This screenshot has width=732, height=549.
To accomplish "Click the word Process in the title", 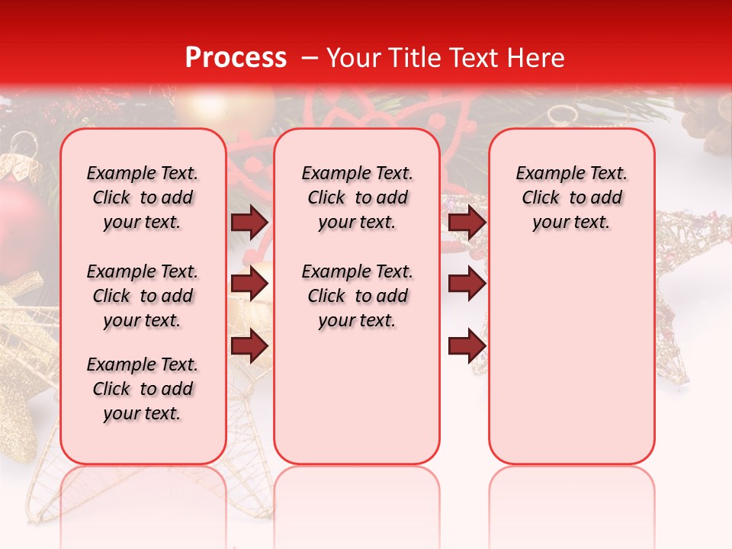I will tap(236, 58).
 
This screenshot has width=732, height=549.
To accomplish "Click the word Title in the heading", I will tap(412, 58).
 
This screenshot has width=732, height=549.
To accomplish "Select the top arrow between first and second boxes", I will tap(249, 222).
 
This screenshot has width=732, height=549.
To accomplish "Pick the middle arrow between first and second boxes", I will tap(249, 284).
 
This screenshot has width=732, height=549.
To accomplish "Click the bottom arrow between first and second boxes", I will tap(249, 346).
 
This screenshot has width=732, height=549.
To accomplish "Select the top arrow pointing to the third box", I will tap(467, 222).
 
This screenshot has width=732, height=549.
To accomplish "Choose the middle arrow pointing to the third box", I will tap(467, 284).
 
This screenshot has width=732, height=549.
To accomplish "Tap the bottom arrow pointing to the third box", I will tap(467, 346).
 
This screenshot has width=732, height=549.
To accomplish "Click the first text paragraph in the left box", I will tap(143, 197).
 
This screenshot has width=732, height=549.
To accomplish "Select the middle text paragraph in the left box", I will tap(143, 296).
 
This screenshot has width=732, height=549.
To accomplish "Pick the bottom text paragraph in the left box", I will tap(143, 389).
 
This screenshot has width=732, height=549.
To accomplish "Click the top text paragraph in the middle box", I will tap(357, 197).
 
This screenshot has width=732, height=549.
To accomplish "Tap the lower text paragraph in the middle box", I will tap(357, 296).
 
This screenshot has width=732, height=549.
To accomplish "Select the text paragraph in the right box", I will tap(571, 197).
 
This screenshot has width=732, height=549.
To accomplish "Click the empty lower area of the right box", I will tap(571, 358).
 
